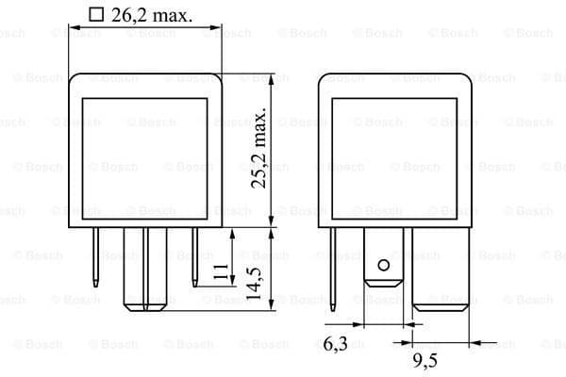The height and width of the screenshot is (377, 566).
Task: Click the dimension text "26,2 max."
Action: (150, 14)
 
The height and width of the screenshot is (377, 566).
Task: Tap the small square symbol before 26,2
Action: (94, 14)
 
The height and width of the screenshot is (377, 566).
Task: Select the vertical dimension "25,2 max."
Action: (260, 149)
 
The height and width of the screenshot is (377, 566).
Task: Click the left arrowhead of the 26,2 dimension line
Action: (72, 28)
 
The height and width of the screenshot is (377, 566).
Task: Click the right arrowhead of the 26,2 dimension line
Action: (216, 28)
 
